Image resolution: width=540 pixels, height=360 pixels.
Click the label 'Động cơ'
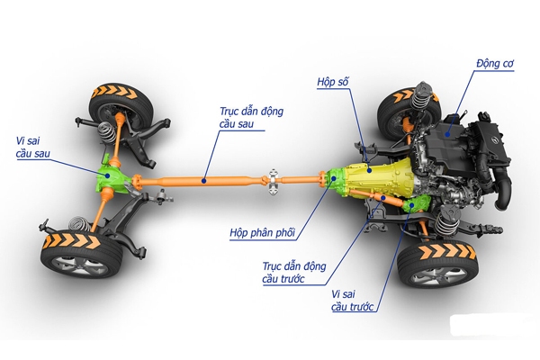(x=493, y=64)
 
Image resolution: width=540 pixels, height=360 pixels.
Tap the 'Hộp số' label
(x=332, y=83)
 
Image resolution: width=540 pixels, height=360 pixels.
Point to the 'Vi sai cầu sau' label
(x=33, y=146)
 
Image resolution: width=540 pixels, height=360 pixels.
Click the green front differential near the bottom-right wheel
(x=411, y=206)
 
